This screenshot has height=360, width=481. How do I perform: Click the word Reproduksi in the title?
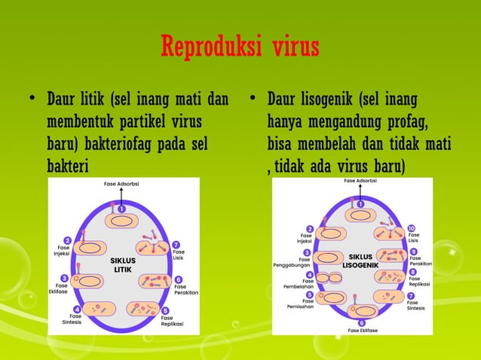206,48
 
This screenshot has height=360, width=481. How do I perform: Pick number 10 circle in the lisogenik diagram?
411,228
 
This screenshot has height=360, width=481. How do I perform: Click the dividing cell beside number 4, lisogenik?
329,278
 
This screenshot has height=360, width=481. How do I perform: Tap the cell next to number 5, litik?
143,308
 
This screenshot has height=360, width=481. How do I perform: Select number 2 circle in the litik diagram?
68,240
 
